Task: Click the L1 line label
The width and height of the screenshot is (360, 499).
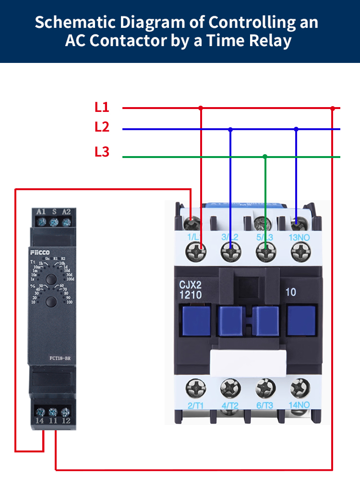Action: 102,107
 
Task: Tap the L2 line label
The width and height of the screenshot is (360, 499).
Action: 102,127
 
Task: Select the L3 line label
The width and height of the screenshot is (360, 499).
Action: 102,152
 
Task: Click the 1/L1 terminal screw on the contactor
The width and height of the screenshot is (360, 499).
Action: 196,250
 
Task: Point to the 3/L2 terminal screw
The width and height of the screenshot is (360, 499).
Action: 230,250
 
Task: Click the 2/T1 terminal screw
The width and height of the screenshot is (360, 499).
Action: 196,387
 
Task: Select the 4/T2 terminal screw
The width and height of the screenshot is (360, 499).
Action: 230,387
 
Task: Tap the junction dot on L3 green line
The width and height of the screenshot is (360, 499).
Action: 264,157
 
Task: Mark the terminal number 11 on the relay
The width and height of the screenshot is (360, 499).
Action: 53,421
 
